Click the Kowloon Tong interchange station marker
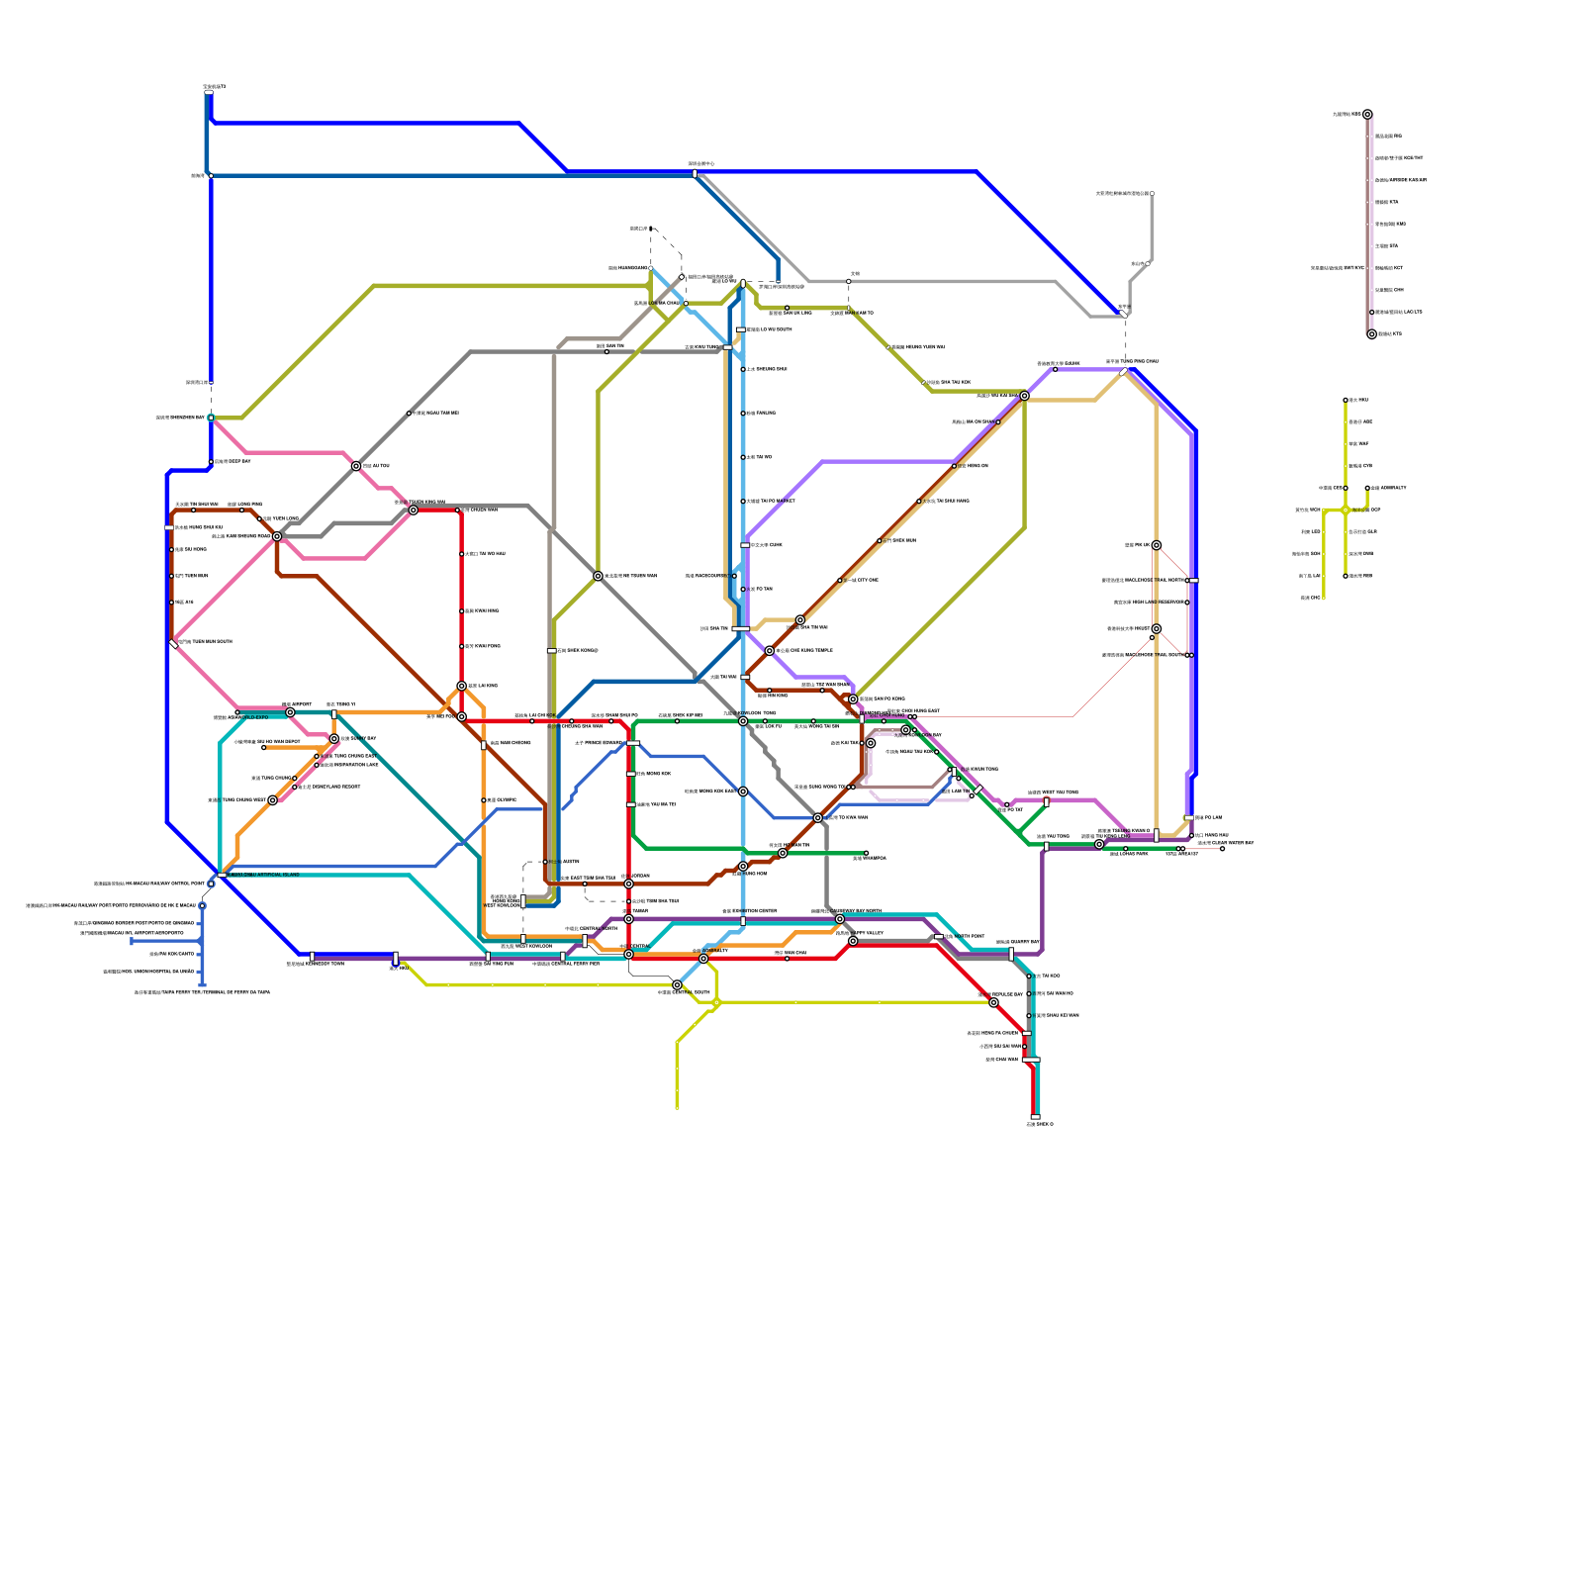click(743, 721)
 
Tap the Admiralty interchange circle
click(703, 959)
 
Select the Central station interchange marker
click(628, 954)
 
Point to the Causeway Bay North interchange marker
click(840, 919)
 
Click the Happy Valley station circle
click(853, 941)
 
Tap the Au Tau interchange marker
click(356, 466)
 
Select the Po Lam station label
click(1208, 818)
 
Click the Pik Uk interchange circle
click(1157, 545)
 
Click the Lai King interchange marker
click(462, 686)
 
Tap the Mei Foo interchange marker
click(462, 716)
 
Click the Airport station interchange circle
click(273, 800)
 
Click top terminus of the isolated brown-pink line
click(1367, 115)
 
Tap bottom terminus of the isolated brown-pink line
click(1371, 334)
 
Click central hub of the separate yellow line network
click(1346, 511)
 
